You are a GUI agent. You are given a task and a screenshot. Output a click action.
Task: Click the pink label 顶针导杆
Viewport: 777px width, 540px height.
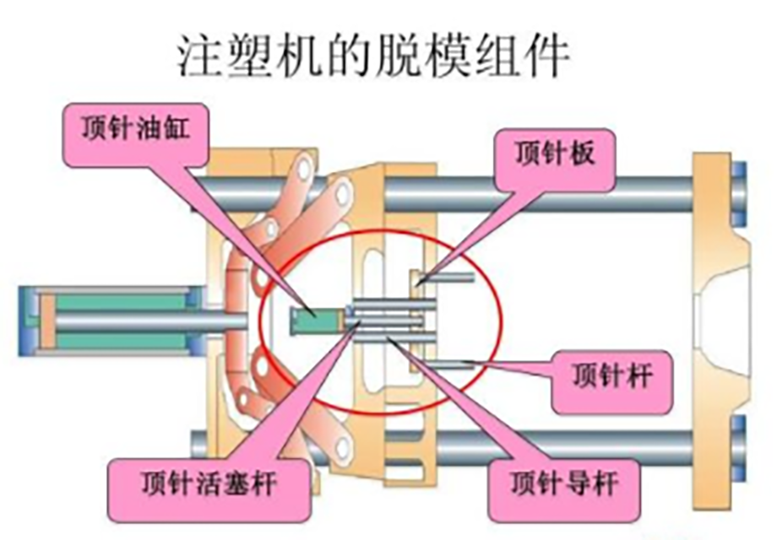click(x=565, y=484)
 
